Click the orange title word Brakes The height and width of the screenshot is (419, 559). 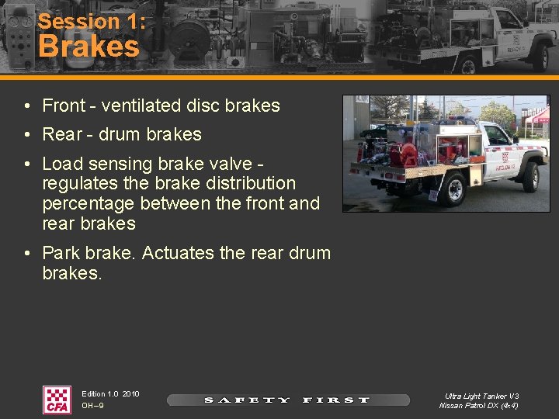pos(89,47)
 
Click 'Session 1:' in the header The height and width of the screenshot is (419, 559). pos(92,21)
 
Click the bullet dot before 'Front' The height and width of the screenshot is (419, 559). pos(27,106)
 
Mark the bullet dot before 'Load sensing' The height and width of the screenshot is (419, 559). pos(27,164)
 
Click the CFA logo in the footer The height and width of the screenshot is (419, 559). pos(57,400)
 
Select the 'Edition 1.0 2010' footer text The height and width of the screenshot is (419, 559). pos(110,394)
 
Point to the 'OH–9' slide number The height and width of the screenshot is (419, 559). pos(92,406)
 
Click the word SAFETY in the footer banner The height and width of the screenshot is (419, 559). pos(247,400)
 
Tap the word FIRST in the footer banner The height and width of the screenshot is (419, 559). pos(336,400)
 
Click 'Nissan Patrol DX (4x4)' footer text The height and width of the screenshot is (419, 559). pos(479,406)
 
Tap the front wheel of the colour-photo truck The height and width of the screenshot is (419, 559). pos(531,178)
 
